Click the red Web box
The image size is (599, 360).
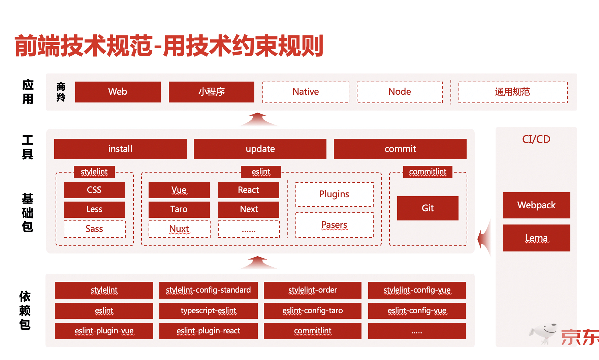point(118,92)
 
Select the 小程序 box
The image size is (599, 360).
point(211,92)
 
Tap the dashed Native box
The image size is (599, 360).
point(306,92)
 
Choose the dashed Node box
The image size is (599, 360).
point(400,92)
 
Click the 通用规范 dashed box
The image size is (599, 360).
point(513,92)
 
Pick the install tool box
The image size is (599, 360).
point(120,149)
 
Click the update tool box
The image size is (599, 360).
point(260,149)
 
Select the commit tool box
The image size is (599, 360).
point(400,149)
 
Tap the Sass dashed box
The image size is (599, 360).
point(94,229)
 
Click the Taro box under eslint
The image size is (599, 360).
point(179,209)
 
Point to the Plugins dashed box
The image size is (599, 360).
point(334,194)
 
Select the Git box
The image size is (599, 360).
point(428,208)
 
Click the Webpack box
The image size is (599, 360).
point(536,205)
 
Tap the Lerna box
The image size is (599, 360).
point(536,238)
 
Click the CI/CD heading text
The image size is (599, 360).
point(536,139)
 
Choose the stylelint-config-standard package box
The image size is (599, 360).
point(209,290)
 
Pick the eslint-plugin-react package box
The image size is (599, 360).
point(209,331)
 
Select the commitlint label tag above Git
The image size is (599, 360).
point(428,172)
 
